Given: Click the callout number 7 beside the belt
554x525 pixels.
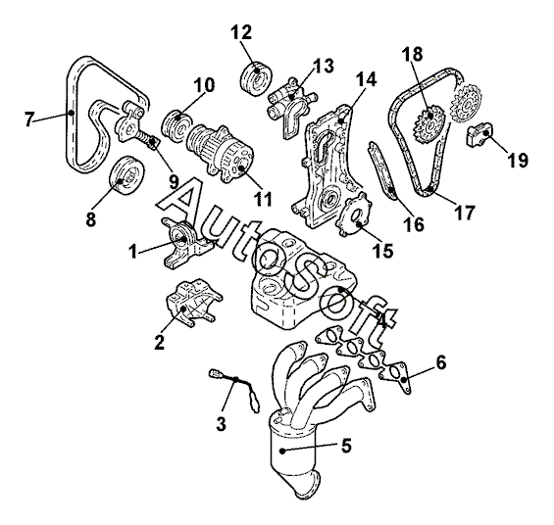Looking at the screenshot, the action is pos(29,119).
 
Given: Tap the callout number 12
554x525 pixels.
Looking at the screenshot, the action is pos(241,32).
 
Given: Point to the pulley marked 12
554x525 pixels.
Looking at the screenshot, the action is pos(257,79).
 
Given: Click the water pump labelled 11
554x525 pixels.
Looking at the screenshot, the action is pos(222,153).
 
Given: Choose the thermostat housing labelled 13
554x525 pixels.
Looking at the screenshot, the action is pos(292,104).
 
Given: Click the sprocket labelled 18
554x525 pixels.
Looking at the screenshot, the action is pos(428,126).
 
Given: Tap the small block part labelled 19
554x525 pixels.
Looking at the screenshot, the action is pos(479,135).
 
